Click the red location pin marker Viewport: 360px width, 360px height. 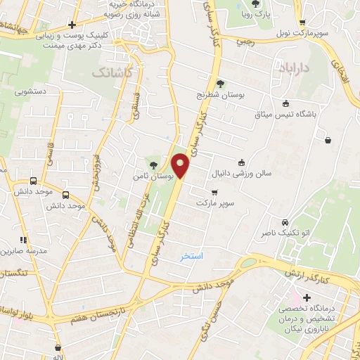[x=181, y=166]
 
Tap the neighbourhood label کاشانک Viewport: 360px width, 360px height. [x=110, y=72]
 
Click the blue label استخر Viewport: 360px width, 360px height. [x=191, y=257]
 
